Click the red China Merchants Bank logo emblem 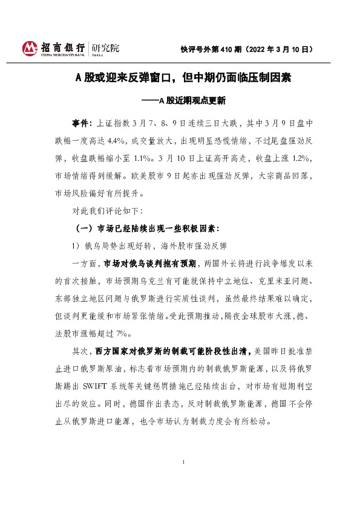[x=30, y=48]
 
